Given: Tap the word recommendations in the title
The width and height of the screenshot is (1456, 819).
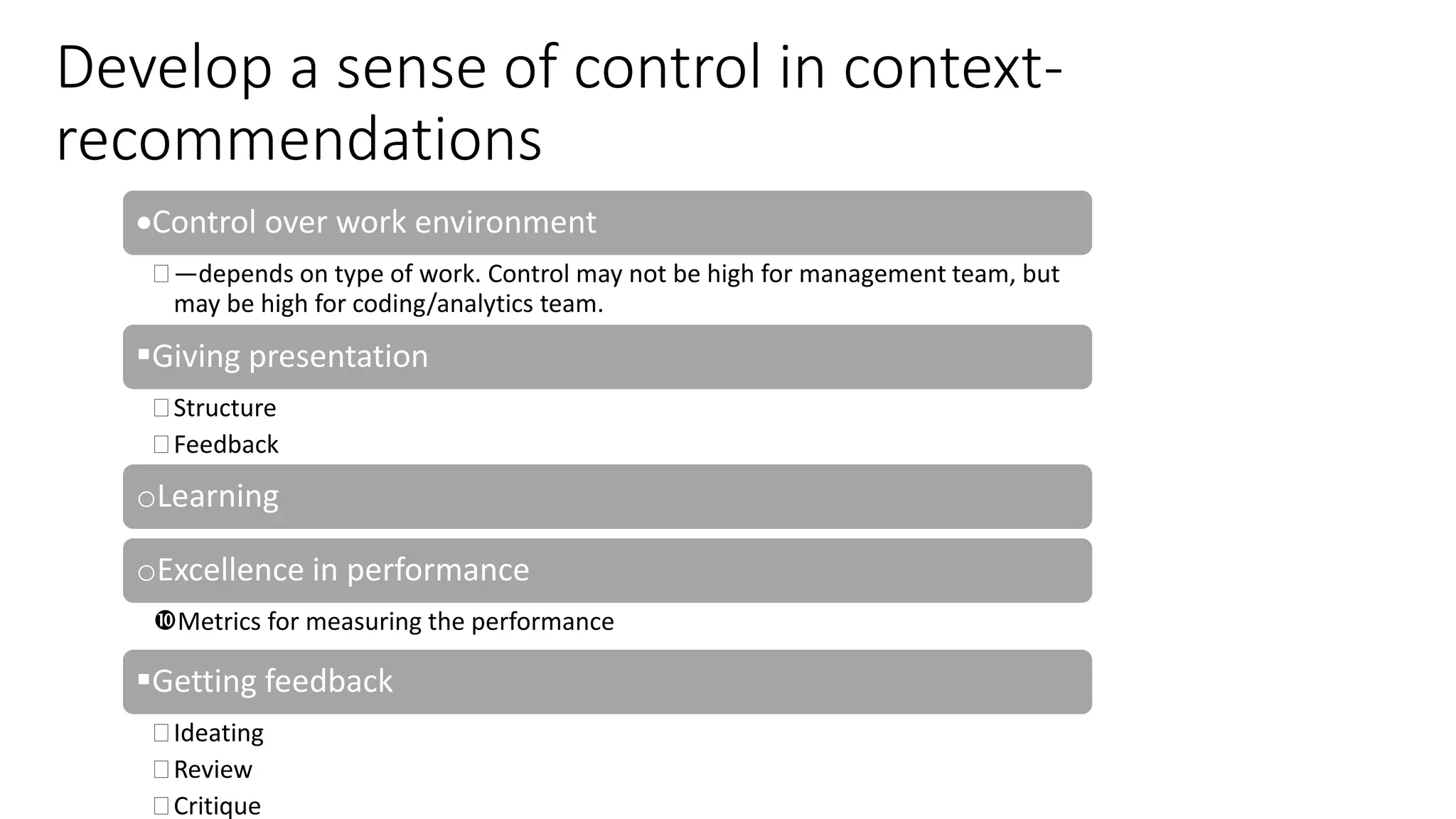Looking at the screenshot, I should click(x=299, y=139).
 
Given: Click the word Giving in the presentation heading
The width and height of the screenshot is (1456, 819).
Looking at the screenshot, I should click(x=196, y=357).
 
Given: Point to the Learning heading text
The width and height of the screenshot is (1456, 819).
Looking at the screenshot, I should click(x=218, y=496).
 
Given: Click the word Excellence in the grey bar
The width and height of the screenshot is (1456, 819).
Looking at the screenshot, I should click(x=230, y=570).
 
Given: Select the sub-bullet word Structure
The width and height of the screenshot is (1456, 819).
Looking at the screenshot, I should click(x=225, y=408).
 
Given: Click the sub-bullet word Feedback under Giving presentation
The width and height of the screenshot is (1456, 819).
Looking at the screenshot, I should click(x=226, y=445).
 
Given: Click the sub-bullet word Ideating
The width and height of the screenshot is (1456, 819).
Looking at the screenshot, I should click(x=218, y=733).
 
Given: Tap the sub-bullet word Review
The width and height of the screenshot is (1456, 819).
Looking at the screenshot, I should click(x=213, y=770).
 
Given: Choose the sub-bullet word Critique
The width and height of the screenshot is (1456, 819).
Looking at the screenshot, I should click(x=217, y=806).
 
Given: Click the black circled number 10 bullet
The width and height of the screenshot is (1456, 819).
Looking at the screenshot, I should click(x=164, y=621).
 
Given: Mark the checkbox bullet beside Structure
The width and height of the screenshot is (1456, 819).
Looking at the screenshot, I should click(x=161, y=408).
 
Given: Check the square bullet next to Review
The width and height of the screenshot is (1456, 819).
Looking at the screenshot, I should click(x=161, y=769).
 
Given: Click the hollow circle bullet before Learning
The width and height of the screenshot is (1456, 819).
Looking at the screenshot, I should click(x=146, y=499).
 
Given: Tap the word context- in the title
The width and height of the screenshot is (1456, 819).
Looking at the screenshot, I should click(x=953, y=69).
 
